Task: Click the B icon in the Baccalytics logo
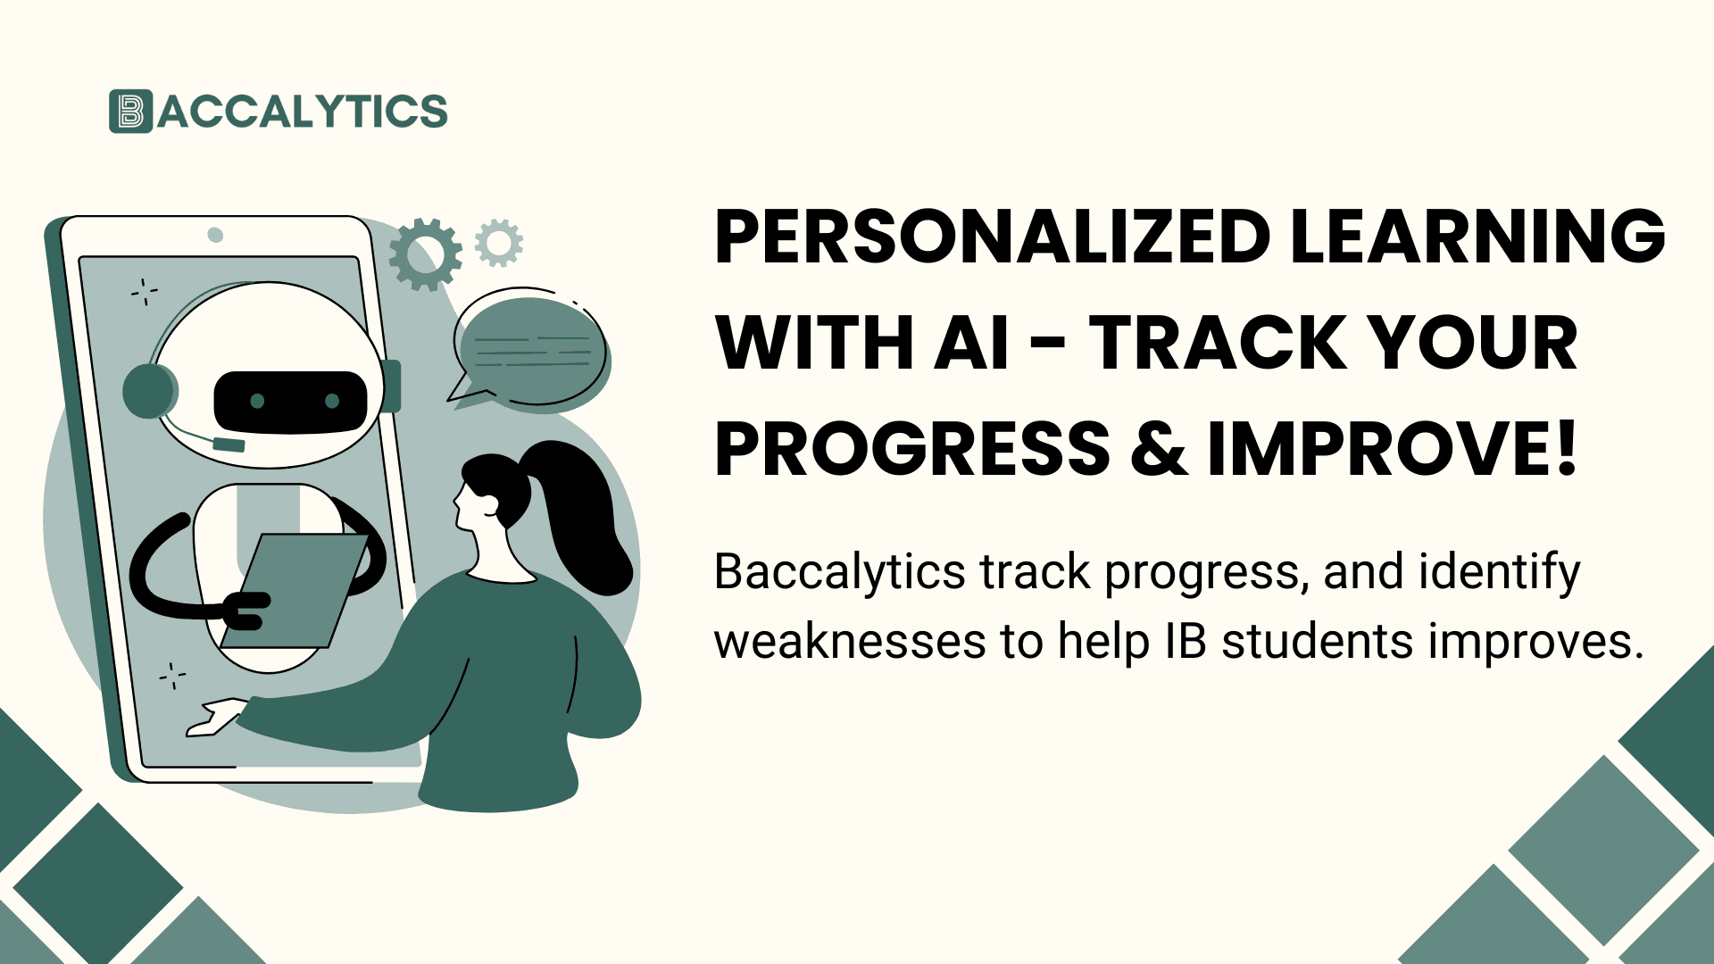(130, 112)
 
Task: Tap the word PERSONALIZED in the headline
(992, 237)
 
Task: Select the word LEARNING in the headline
(1477, 237)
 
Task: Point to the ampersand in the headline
(1158, 449)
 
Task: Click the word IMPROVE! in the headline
(1393, 449)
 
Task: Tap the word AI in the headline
(971, 344)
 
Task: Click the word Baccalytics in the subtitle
(840, 572)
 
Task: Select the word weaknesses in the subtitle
(850, 642)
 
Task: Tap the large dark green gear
(426, 254)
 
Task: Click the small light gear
(499, 243)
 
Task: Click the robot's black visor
(291, 402)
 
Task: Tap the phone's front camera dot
(215, 235)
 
